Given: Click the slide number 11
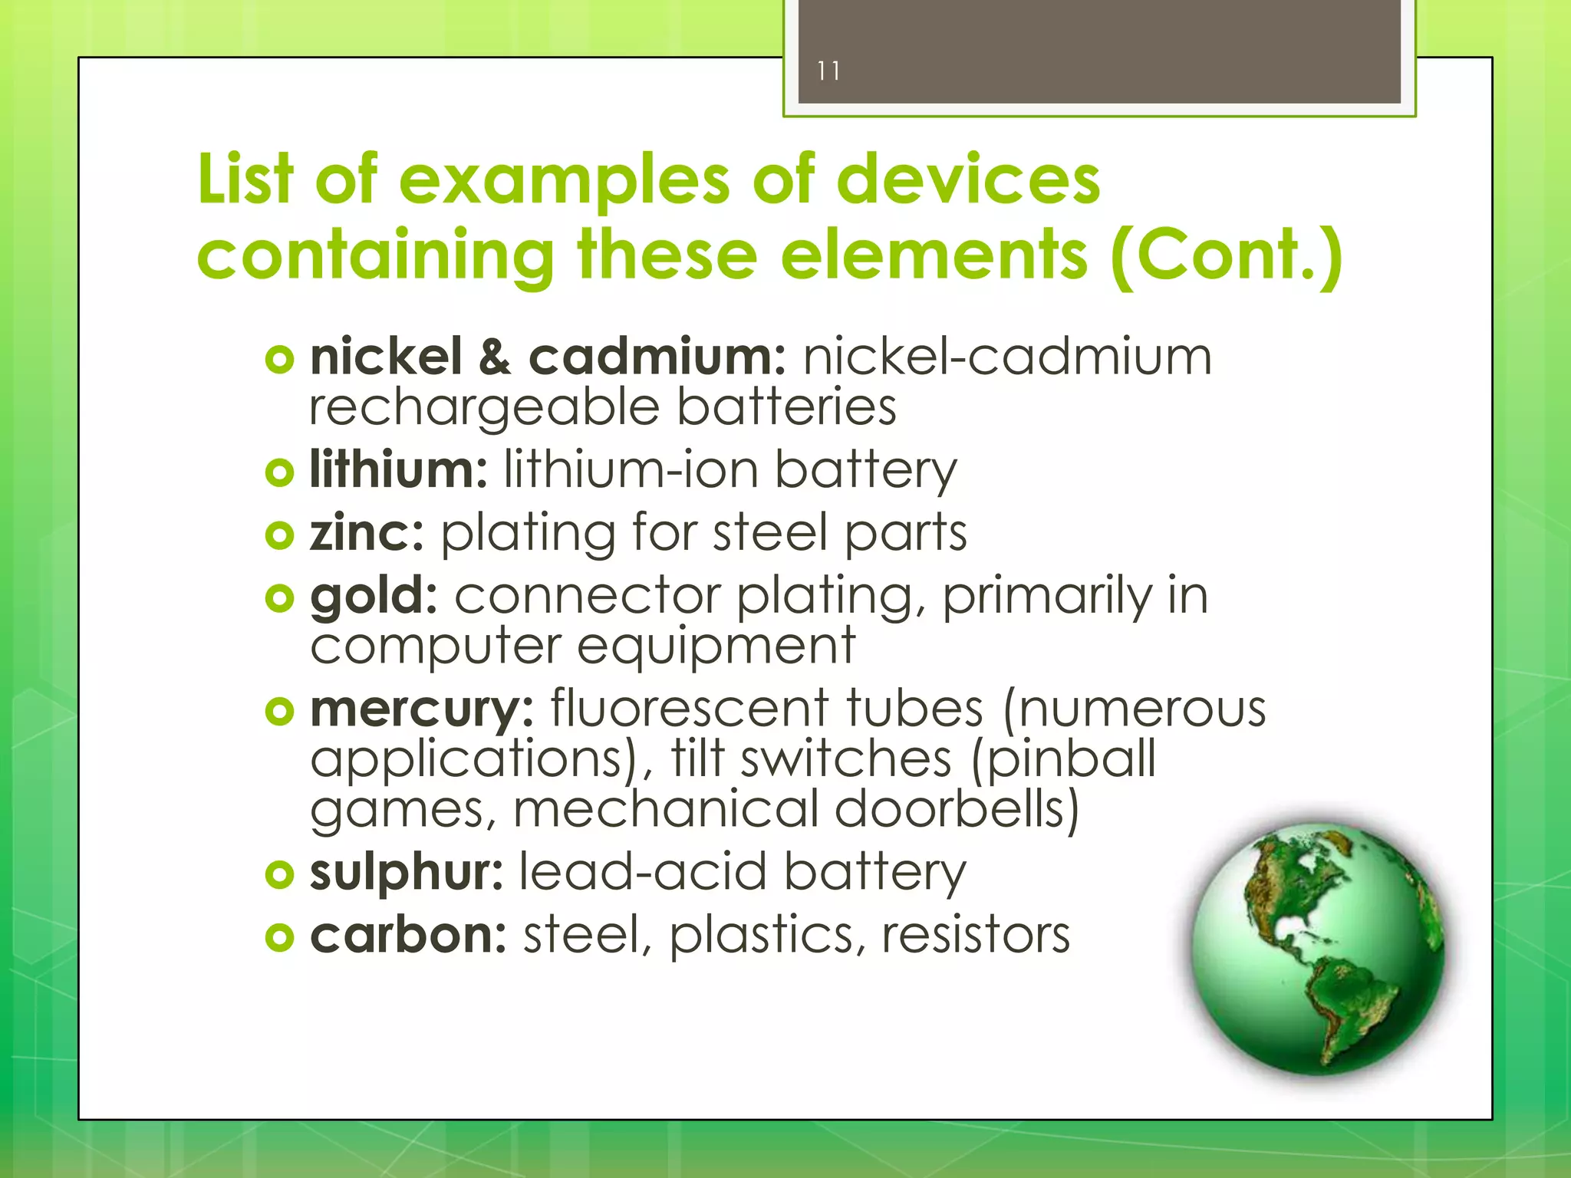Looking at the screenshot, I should point(828,71).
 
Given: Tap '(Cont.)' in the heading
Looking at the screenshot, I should point(1226,255).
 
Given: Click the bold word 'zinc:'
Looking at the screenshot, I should point(367,532).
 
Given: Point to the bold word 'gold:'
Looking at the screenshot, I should point(374,596).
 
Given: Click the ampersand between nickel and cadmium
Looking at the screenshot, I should point(495,357).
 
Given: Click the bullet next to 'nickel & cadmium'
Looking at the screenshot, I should point(279,359).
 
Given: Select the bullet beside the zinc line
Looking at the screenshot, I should point(279,535).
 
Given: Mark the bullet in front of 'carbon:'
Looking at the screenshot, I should point(279,936).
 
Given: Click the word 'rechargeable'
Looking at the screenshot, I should point(484,407).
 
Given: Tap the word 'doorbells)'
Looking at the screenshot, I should point(957,809).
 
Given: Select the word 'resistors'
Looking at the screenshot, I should point(975,935).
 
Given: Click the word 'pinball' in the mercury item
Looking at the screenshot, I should point(1064,758).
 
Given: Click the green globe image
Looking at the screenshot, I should point(1317,949).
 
